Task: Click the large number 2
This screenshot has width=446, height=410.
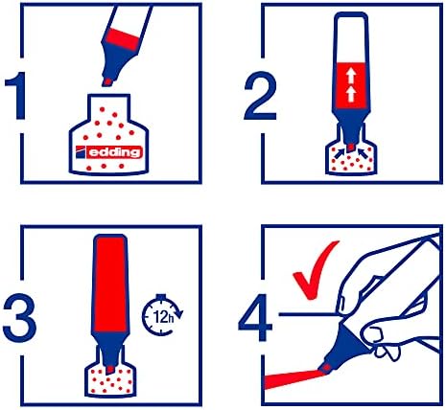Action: (260, 96)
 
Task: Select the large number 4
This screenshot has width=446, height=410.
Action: (255, 317)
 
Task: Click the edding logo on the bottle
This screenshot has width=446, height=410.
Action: (108, 152)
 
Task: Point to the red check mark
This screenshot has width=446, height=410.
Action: (315, 270)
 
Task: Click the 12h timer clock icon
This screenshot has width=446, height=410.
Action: (162, 314)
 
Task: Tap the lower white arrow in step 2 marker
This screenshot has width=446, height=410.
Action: (351, 94)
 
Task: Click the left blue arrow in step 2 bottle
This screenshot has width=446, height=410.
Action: (340, 150)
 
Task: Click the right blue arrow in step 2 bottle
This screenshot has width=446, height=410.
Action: (363, 150)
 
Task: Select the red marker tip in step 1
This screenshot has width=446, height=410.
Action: (106, 81)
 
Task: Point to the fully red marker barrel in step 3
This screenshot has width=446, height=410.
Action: (110, 283)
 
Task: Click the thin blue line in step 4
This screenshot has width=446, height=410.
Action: (308, 314)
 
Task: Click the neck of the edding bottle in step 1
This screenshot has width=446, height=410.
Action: (109, 107)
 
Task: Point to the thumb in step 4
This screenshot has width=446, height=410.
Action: (371, 333)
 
